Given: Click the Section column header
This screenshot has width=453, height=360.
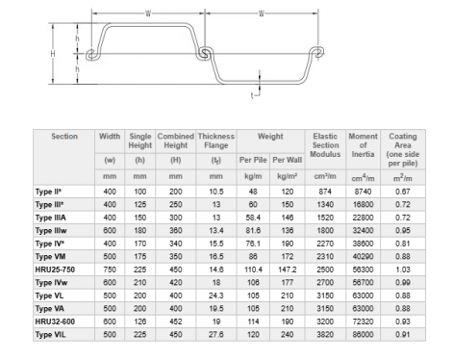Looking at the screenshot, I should pyautogui.click(x=64, y=137).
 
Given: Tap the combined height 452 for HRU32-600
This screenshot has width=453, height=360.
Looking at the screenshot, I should pyautogui.click(x=175, y=321).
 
